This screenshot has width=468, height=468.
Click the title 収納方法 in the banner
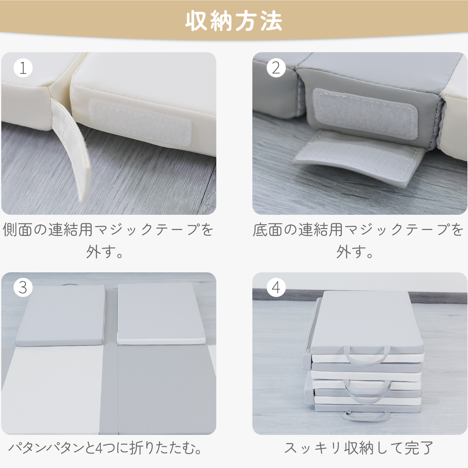(x=234, y=21)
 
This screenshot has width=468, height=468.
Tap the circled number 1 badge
(x=23, y=68)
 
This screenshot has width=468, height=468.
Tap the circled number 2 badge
(x=276, y=68)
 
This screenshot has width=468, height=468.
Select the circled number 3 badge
(x=23, y=288)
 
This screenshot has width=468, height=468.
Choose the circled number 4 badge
(x=276, y=288)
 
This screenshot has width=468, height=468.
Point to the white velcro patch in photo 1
(x=140, y=123)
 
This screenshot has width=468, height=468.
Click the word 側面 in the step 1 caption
(x=17, y=230)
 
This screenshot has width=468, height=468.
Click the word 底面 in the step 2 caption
(x=267, y=230)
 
